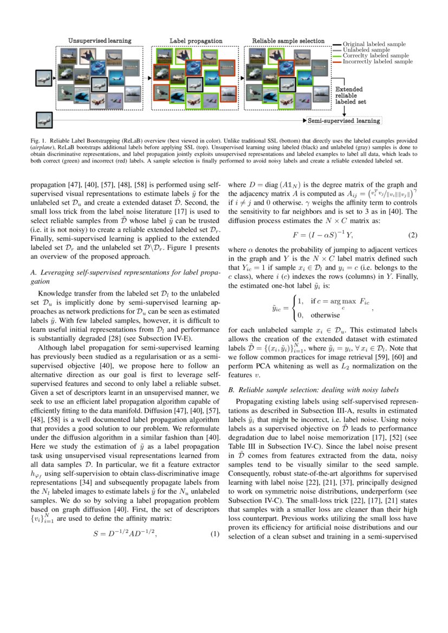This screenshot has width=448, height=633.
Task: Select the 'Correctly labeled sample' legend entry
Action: (x=376, y=56)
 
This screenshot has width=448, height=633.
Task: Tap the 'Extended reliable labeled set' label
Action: (x=349, y=95)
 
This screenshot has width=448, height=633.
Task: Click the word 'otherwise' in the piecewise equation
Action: (x=325, y=315)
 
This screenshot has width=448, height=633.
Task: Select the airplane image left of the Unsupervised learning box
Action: (x=43, y=78)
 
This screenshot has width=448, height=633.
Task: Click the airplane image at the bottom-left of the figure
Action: (x=43, y=120)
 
